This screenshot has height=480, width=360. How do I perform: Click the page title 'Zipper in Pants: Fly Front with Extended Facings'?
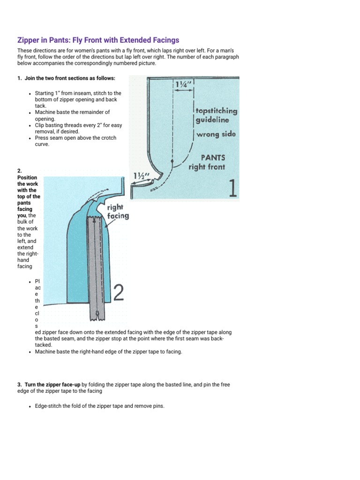[x=98, y=40]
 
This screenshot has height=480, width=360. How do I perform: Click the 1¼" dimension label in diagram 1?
[x=183, y=85]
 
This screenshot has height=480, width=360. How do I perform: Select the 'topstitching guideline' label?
[x=216, y=116]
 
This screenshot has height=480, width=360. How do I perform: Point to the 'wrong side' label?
[x=216, y=135]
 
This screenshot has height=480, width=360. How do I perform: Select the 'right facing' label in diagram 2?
[x=118, y=212]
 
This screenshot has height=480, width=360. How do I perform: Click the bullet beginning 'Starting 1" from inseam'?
[x=77, y=99]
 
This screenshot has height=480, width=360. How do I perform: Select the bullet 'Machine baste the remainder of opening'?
[x=72, y=115]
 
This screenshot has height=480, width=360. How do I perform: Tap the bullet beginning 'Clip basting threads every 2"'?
[x=78, y=128]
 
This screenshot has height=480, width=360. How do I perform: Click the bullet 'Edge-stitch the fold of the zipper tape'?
[x=99, y=406]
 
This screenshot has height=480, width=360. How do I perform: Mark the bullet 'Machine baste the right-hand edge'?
[x=108, y=352]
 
